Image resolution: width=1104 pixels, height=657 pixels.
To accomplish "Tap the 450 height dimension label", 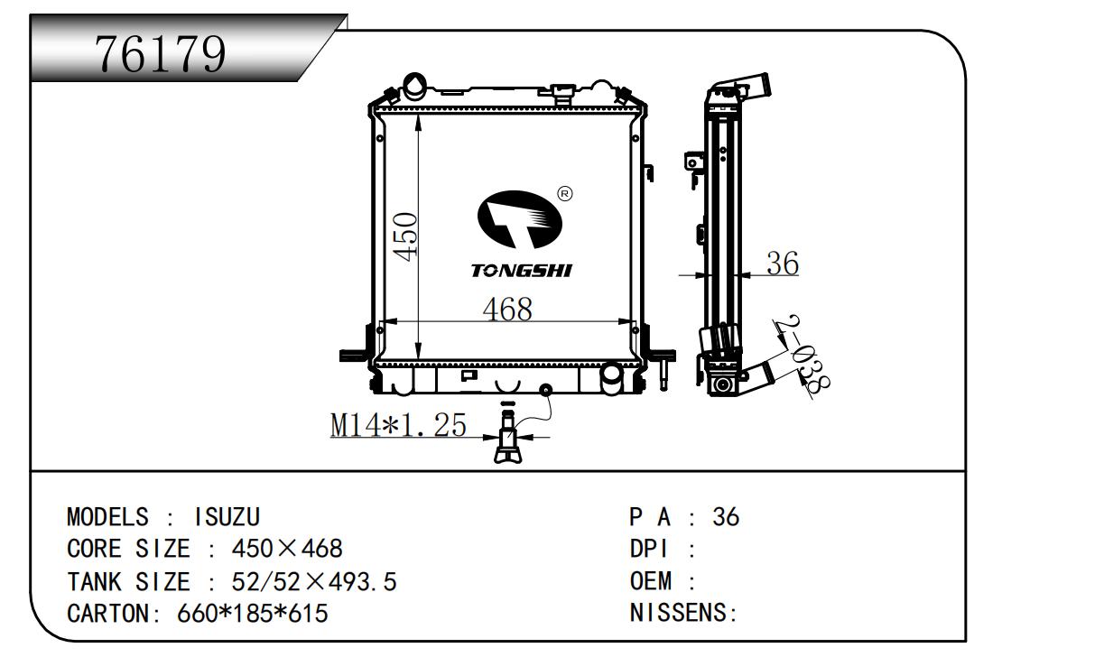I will click(407, 236).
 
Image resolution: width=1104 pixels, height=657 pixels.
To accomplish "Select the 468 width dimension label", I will click(506, 309).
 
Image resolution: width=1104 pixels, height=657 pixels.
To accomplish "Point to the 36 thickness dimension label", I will click(782, 264).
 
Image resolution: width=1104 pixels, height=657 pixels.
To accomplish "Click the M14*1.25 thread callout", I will click(398, 424).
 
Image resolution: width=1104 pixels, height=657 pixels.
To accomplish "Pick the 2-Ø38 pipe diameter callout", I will click(802, 356).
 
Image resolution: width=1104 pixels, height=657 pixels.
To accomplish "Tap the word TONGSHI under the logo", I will click(521, 271).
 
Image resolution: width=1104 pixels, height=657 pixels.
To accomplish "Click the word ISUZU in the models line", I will click(227, 517).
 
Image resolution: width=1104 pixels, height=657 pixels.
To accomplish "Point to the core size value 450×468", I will click(287, 549).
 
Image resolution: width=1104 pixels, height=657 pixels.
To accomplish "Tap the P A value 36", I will click(726, 517).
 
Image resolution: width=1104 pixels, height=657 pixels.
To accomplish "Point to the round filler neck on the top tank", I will click(415, 87).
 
